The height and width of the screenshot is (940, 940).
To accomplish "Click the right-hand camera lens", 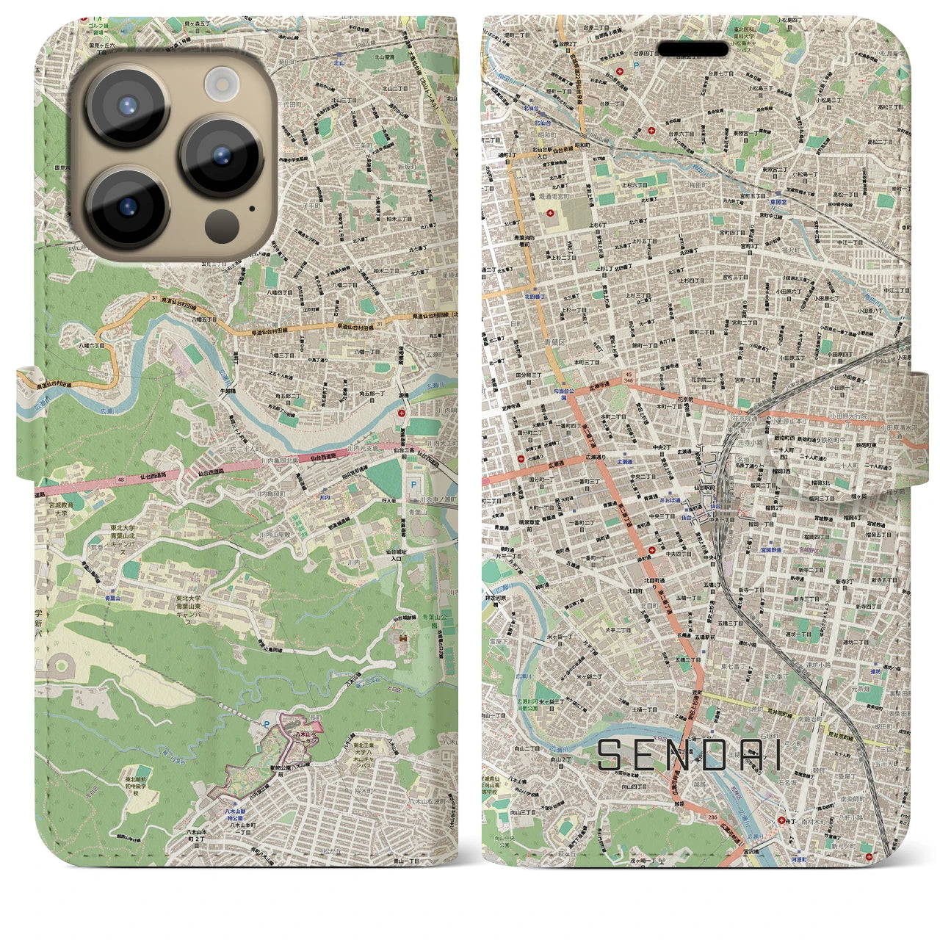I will click(x=222, y=156).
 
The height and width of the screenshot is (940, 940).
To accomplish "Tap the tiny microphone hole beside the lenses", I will click(x=253, y=208).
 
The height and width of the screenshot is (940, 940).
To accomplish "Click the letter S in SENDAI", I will click(x=612, y=755).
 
